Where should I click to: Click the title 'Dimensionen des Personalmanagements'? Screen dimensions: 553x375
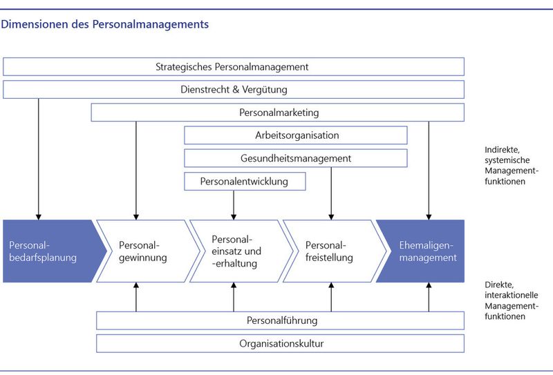[x=105, y=24]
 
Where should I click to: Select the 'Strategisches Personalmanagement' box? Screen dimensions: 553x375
[x=234, y=66]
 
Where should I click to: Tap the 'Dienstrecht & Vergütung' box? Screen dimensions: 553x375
[x=234, y=90]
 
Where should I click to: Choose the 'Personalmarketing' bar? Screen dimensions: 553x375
[x=278, y=113]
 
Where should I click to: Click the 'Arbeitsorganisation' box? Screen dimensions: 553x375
[x=296, y=135]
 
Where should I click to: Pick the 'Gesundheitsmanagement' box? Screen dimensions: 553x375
[x=296, y=158]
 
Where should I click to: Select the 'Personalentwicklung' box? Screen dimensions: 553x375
[x=245, y=182]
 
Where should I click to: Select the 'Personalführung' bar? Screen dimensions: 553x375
[x=281, y=320]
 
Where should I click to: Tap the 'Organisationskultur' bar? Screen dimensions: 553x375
[x=281, y=344]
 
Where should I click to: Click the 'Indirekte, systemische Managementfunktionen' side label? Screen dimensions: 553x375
[x=512, y=166]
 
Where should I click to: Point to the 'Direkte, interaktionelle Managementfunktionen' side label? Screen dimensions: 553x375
[x=512, y=300]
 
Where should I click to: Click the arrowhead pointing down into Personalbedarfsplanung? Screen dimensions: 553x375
[x=39, y=217]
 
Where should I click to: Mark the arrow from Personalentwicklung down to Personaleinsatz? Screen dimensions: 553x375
[x=234, y=205]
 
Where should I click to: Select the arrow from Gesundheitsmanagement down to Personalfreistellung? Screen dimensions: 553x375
[x=331, y=193]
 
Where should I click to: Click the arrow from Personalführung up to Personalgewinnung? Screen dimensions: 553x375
[x=136, y=297]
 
